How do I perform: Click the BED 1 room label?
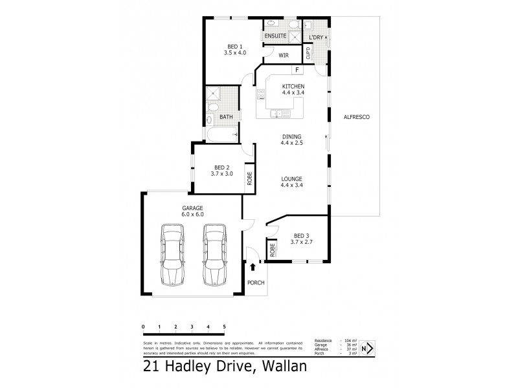pos(234,46)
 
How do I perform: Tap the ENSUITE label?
pos(276,36)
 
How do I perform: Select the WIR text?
pos(283,56)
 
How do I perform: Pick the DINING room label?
pos(292,136)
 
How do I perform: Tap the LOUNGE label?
pos(293,178)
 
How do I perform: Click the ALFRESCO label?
pos(356,116)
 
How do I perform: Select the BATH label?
pos(226,117)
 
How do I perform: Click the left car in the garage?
pos(172,254)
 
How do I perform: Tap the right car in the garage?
pos(214,254)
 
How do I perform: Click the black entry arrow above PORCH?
pos(252,266)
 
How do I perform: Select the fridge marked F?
pos(297,70)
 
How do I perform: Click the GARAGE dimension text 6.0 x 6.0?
pos(192,214)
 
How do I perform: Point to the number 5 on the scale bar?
pos(224,327)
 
